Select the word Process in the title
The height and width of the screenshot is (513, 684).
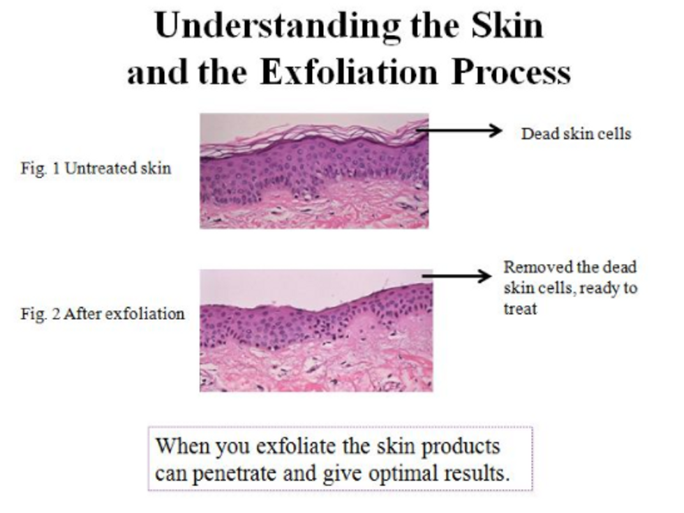pyautogui.click(x=511, y=71)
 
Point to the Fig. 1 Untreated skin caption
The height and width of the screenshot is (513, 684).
pyautogui.click(x=96, y=168)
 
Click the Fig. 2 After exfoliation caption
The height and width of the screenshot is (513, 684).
pyautogui.click(x=103, y=314)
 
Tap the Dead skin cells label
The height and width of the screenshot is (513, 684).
pyautogui.click(x=577, y=133)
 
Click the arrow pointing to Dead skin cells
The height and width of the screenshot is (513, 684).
pyautogui.click(x=459, y=130)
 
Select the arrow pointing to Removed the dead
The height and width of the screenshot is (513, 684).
pyautogui.click(x=456, y=275)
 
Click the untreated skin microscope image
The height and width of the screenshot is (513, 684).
pyautogui.click(x=314, y=171)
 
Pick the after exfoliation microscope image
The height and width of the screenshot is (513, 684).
pyautogui.click(x=316, y=330)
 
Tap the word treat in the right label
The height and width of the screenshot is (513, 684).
pyautogui.click(x=520, y=309)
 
